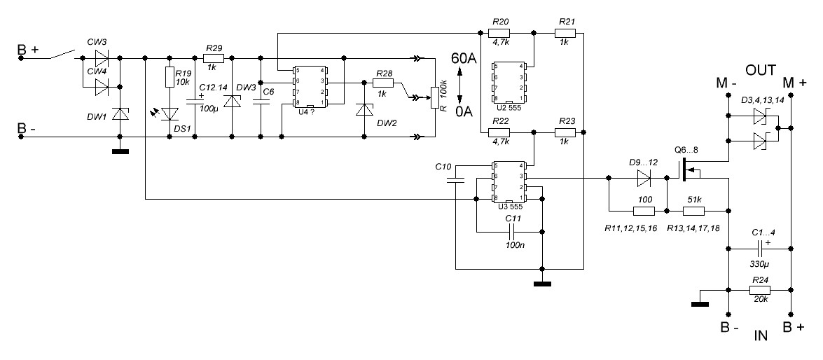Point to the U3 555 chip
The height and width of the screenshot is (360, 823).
point(509,181)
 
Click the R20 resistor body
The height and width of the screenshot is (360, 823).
point(500,32)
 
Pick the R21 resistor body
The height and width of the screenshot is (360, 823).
point(567,32)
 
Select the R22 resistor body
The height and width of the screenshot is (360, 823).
point(500,132)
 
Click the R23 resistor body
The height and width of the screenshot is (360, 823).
point(567,132)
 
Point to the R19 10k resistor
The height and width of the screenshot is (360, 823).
point(168,76)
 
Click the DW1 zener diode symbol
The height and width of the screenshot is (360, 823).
point(120,113)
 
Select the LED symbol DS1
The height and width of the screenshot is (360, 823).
point(168,113)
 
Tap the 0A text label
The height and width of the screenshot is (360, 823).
point(464,111)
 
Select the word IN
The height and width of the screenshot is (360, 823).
point(761,336)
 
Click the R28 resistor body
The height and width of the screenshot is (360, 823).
point(383,83)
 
